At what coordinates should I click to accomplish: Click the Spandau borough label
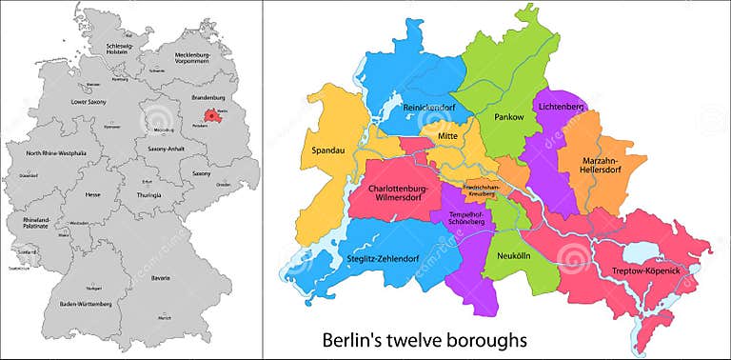coord(326,150)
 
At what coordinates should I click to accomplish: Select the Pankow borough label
coord(509,115)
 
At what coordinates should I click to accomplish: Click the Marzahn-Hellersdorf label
coord(601,167)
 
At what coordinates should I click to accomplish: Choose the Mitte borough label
coord(447,137)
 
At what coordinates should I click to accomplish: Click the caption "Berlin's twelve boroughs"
coord(424,339)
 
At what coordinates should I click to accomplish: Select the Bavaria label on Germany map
coord(161,278)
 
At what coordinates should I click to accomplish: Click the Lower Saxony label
coord(88,101)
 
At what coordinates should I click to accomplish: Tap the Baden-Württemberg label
coord(86,304)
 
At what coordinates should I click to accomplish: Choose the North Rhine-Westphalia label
coord(55,153)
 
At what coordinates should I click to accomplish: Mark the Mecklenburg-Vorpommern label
coord(192,60)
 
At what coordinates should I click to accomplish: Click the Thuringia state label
coord(148,194)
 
